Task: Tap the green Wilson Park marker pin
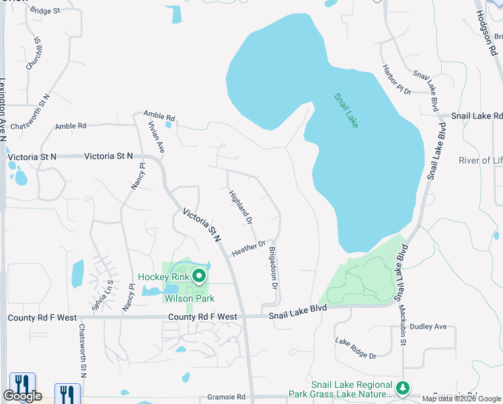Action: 199,275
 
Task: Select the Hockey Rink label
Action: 163,277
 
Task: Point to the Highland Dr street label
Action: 240,207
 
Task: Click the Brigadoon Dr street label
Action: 273,268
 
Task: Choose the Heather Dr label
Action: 249,248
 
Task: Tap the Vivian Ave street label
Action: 156,133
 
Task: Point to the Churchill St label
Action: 34,53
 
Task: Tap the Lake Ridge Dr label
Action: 355,347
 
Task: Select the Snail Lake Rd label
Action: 476,116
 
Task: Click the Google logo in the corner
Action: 22,396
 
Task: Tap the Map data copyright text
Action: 461,399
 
